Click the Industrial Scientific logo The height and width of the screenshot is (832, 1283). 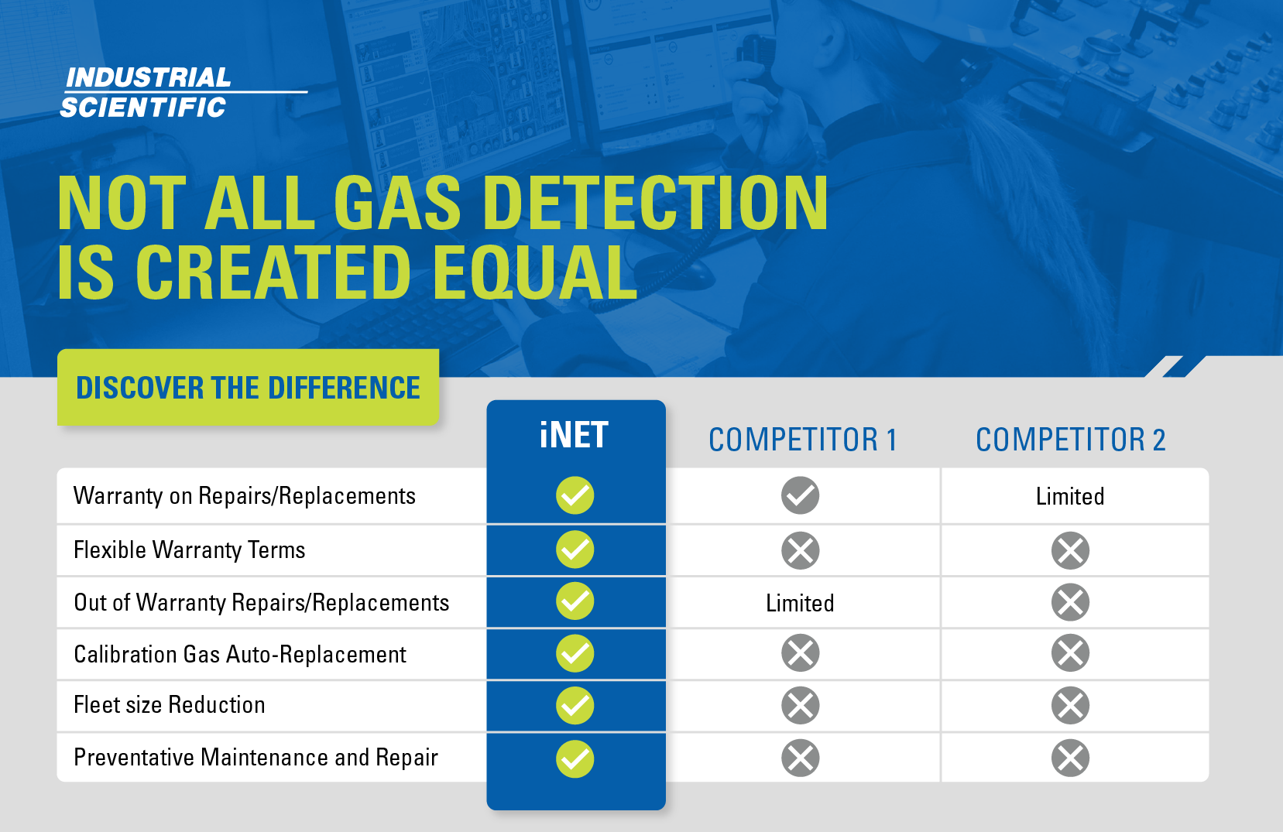tap(147, 92)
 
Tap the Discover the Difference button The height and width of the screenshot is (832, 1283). tap(248, 387)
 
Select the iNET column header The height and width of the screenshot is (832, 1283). tap(575, 435)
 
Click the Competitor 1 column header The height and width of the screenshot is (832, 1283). tap(802, 440)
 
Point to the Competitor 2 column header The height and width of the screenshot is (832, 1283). tap(1070, 440)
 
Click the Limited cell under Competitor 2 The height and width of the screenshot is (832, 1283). tap(1070, 496)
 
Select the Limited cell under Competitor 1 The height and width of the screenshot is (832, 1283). tap(800, 603)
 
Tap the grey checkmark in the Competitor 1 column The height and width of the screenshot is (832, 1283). tap(800, 495)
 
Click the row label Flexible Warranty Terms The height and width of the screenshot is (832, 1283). tap(189, 550)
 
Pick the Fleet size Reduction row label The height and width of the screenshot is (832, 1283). tap(169, 705)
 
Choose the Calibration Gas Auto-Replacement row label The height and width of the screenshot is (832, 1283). tap(239, 655)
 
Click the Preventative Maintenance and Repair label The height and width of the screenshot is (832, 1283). tap(256, 757)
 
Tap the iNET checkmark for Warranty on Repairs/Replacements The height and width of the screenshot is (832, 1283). tap(575, 495)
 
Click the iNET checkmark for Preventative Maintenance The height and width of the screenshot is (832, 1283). tap(575, 758)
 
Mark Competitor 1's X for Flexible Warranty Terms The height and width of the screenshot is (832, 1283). tap(800, 551)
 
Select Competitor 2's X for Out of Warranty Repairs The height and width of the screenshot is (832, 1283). tap(1070, 602)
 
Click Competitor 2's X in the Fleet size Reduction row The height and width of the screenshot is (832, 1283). tap(1070, 705)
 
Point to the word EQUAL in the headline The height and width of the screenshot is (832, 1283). tap(534, 272)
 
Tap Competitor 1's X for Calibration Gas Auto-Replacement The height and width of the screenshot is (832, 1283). tap(800, 653)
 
